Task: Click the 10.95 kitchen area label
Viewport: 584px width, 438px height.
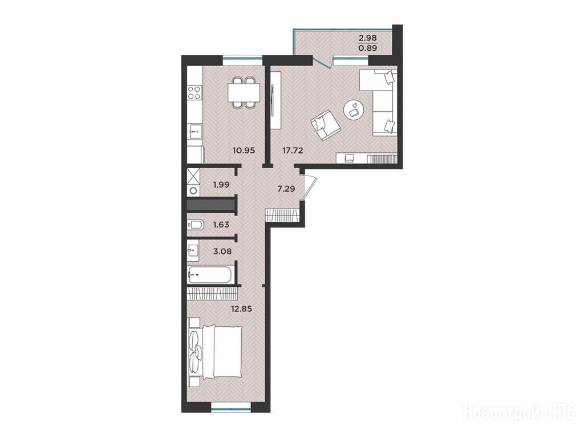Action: point(244,151)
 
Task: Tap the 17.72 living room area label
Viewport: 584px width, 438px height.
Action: point(293,151)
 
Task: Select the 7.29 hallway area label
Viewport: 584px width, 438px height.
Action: point(286,189)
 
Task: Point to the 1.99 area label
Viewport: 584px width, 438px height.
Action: point(221,184)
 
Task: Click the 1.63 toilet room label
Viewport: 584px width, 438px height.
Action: point(221,225)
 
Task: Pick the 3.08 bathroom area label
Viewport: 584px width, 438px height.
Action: point(222,252)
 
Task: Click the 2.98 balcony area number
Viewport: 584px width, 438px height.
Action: point(368,37)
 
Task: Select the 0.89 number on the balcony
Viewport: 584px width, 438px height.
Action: point(368,48)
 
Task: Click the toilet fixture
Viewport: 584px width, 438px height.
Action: point(196,225)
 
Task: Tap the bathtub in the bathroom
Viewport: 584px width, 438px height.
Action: point(210,275)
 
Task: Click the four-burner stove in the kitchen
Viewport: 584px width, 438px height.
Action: point(194,92)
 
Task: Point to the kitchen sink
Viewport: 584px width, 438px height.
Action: point(194,130)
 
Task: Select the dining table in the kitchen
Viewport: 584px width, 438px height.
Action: point(244,93)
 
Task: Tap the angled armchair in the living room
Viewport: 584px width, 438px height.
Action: point(325,125)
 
